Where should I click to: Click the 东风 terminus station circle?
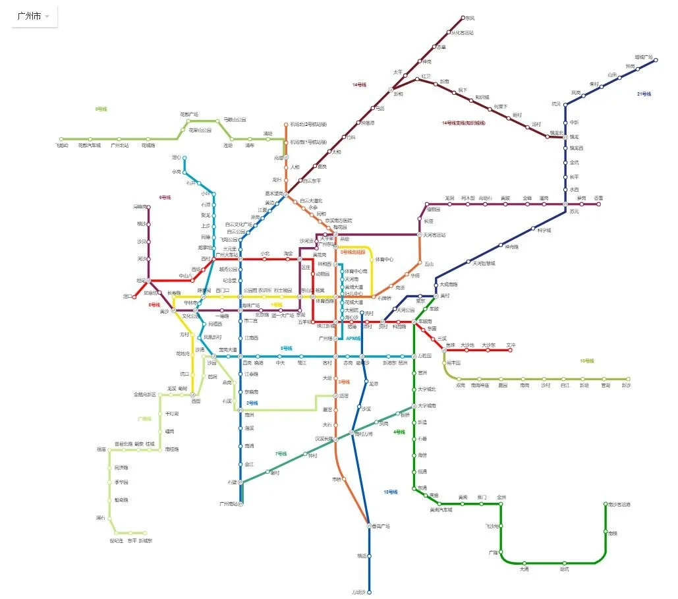[x=463, y=18]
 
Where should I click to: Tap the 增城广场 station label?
[x=643, y=57]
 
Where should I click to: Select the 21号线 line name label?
[x=644, y=94]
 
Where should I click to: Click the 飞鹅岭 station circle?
[x=61, y=140]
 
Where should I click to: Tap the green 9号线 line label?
[x=101, y=109]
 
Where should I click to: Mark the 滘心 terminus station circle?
[x=184, y=158]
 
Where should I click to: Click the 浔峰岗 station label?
[x=140, y=207]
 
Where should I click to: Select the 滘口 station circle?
[x=135, y=297]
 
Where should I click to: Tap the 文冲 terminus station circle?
[x=510, y=350]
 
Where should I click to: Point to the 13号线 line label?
[x=586, y=360]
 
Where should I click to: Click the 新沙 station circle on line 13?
[x=628, y=380]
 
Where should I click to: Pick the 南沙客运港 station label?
[x=619, y=504]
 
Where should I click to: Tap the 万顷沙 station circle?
[x=370, y=592]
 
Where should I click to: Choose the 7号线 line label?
[x=281, y=453]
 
